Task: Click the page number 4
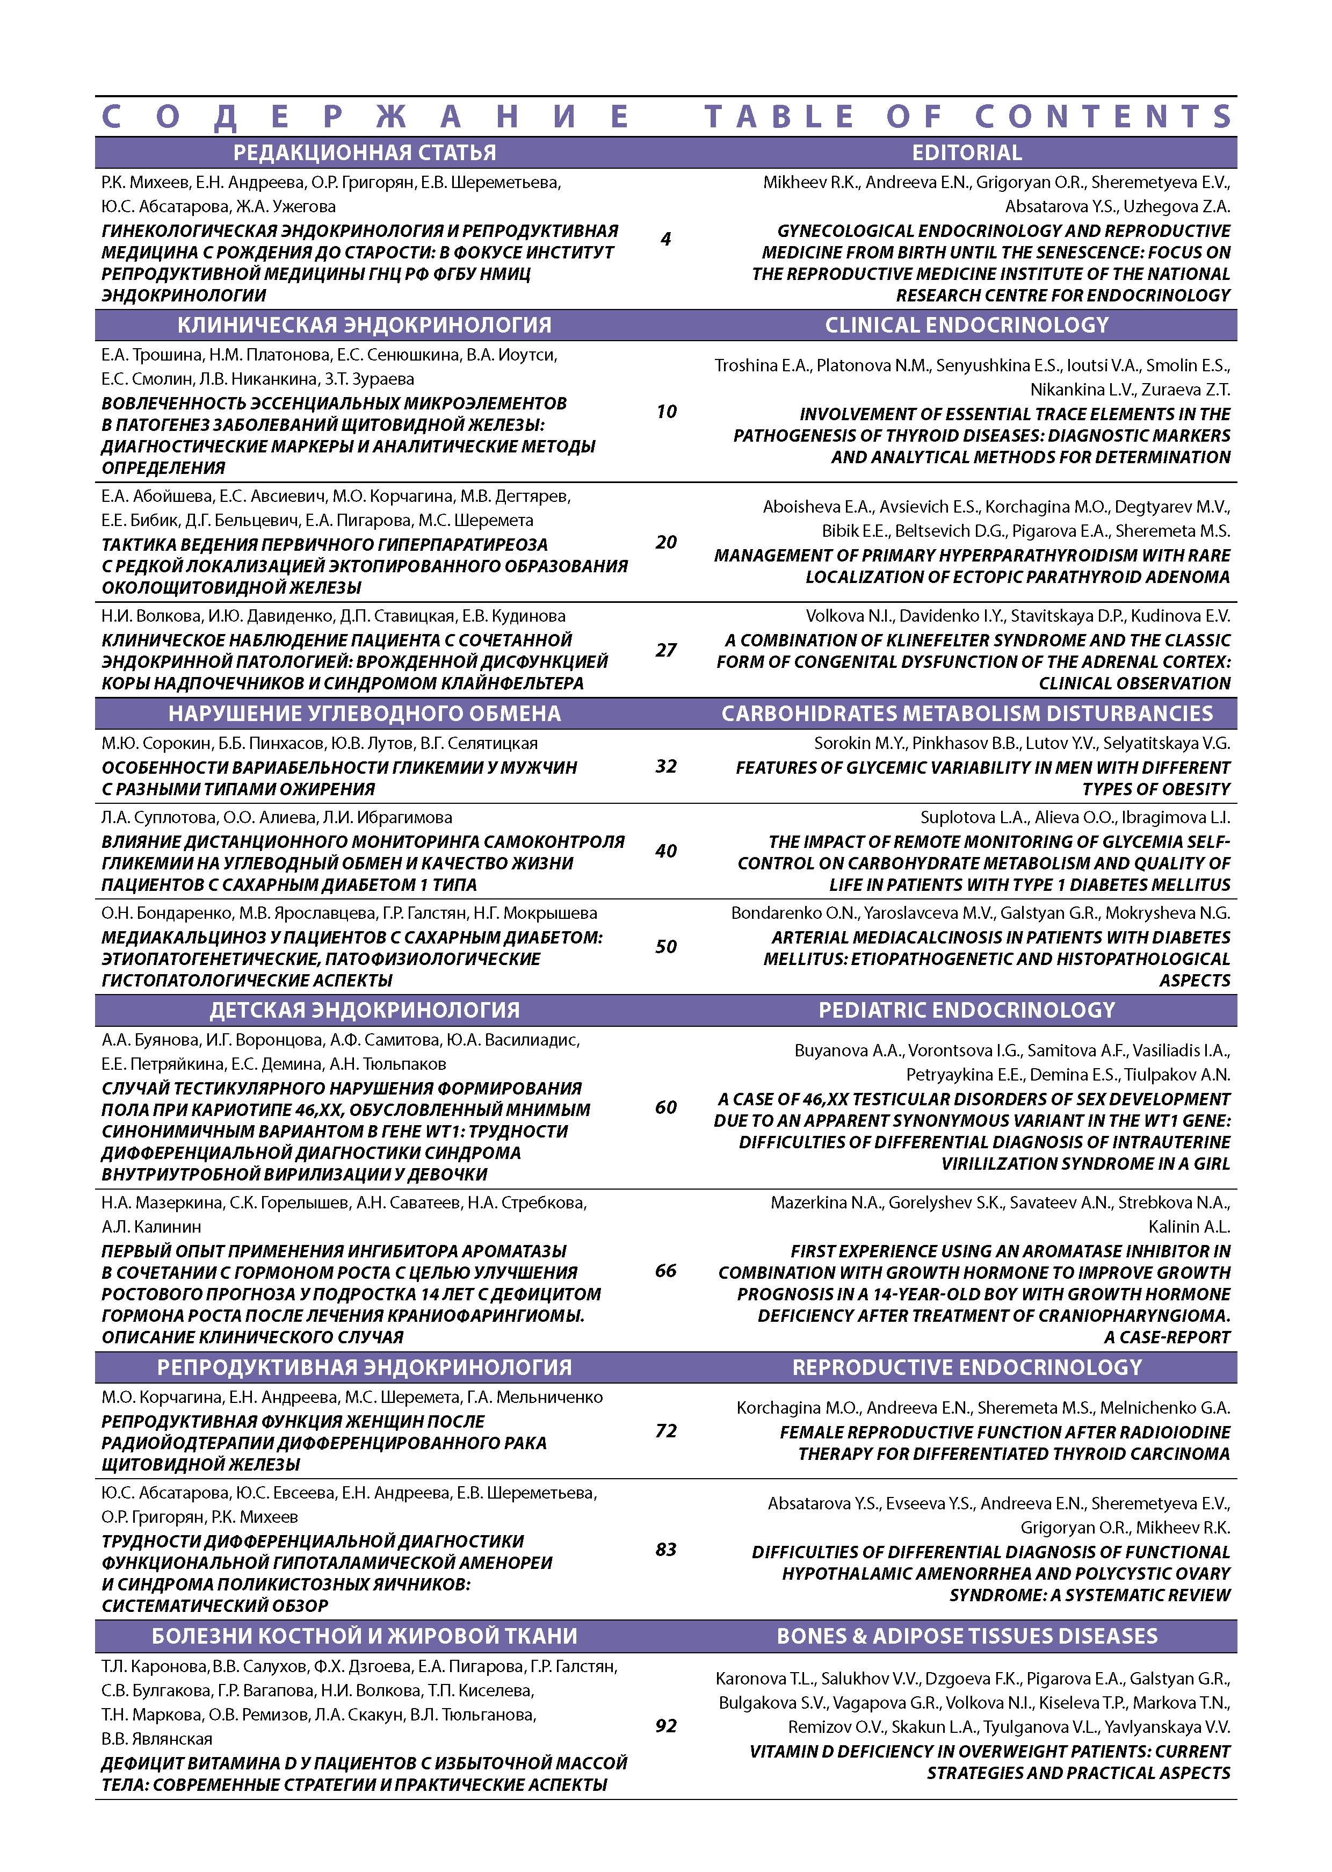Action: pyautogui.click(x=665, y=239)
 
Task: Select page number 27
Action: pyautogui.click(x=665, y=650)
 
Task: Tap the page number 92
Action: pyautogui.click(x=665, y=1725)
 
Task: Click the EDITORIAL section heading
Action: pyautogui.click(x=966, y=153)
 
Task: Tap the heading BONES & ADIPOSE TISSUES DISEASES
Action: pyautogui.click(x=966, y=1636)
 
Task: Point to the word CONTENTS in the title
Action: pyautogui.click(x=1104, y=117)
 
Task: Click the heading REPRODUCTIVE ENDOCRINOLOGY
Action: pyautogui.click(x=966, y=1367)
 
